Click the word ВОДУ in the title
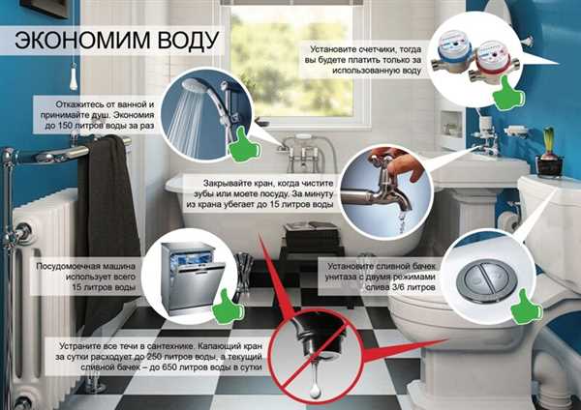[188, 40]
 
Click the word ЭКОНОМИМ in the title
[82, 40]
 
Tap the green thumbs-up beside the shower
[243, 145]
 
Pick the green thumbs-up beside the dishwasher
[228, 307]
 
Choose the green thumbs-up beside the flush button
[526, 307]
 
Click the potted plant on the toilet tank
[549, 153]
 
